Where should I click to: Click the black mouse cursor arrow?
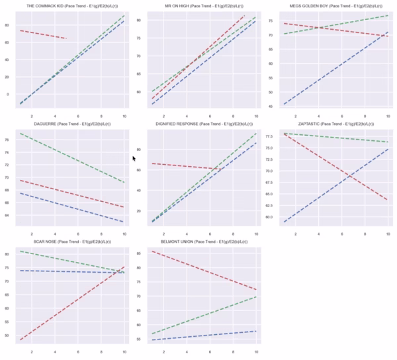tap(134, 158)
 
